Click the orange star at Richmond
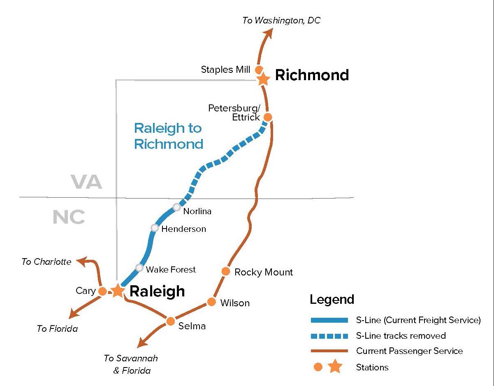[263, 79]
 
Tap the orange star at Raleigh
[118, 290]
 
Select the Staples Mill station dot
[259, 70]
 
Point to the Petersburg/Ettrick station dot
[267, 117]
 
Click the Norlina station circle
[176, 207]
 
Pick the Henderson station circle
[155, 228]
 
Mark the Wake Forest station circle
[139, 268]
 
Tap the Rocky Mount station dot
[225, 271]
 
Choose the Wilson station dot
[211, 302]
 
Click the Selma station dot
[171, 321]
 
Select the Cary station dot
[103, 291]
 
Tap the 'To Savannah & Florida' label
[131, 364]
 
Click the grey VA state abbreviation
[86, 182]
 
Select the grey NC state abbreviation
[69, 217]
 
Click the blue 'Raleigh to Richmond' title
[168, 136]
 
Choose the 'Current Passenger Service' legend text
[409, 351]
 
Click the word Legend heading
[332, 299]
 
